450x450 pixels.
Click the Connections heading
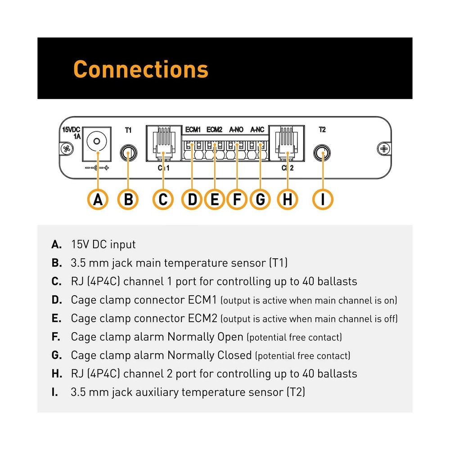click(140, 69)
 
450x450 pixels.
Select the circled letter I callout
click(322, 199)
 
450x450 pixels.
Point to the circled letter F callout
click(237, 199)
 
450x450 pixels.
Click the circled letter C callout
click(163, 199)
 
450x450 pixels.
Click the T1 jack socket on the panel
click(128, 153)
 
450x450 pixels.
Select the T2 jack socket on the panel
click(322, 153)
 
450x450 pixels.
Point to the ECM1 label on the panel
click(193, 130)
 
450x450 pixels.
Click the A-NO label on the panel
click(236, 130)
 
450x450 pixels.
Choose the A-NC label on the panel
click(257, 130)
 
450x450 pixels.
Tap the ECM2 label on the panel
click(214, 130)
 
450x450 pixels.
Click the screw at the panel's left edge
click(67, 148)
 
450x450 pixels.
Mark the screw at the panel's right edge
click(384, 148)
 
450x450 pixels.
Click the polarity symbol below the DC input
click(96, 168)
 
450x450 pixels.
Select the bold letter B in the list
click(56, 263)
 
